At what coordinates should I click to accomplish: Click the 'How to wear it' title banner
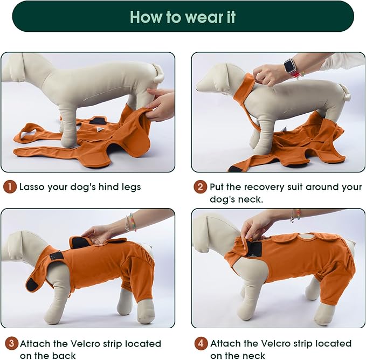tap(183, 17)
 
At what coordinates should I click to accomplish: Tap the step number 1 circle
tap(10, 187)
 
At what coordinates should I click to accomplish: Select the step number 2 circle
tap(200, 187)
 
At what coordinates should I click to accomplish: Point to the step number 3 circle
tap(10, 343)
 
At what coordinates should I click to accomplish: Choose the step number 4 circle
tap(201, 343)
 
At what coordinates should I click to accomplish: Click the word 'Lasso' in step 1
tap(32, 187)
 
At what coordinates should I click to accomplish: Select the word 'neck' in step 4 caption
tap(253, 355)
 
